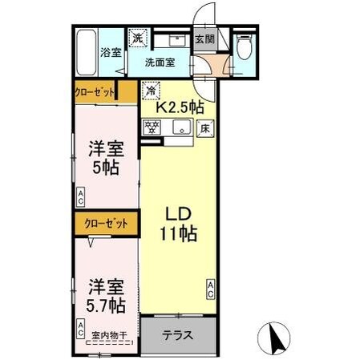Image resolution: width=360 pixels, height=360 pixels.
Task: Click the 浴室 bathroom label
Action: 111,52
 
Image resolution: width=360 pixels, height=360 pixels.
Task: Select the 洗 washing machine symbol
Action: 138,38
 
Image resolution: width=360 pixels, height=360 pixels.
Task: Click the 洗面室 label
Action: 160,63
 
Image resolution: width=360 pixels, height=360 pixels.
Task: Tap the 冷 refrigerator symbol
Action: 149,91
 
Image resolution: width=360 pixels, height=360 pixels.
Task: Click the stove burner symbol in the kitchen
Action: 152,126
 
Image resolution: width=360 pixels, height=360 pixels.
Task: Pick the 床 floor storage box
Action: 206,127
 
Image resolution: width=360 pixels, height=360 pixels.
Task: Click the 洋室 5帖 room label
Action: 105,158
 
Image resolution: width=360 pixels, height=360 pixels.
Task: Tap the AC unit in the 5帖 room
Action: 82,195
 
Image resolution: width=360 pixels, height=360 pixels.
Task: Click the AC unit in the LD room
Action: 211,290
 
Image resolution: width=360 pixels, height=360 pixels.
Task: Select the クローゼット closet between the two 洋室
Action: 103,224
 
